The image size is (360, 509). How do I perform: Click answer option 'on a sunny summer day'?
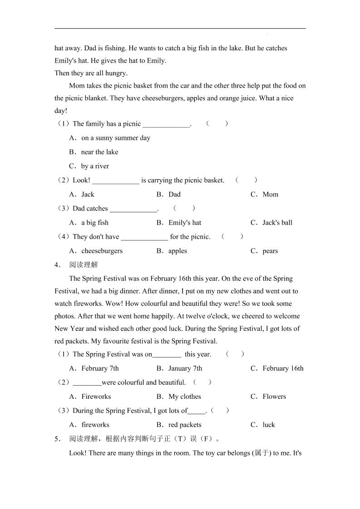[115, 138]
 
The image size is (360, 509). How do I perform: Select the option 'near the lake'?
[99, 152]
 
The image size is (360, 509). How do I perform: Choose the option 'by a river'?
[95, 166]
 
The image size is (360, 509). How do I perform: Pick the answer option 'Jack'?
[88, 194]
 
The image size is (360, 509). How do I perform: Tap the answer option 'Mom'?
[270, 194]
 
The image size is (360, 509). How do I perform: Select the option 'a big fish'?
[94, 222]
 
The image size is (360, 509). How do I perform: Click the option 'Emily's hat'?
[184, 222]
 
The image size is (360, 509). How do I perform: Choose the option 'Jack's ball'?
[277, 222]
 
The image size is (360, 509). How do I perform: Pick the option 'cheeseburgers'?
[102, 251]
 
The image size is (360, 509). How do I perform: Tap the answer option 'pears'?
[270, 251]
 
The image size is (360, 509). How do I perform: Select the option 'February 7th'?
[100, 368]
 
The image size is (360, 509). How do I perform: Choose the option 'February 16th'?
[283, 368]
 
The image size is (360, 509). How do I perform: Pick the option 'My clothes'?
[184, 396]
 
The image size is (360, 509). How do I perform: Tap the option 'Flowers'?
[274, 396]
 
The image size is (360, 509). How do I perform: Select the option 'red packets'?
[184, 425]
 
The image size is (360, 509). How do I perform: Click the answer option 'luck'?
[269, 425]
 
